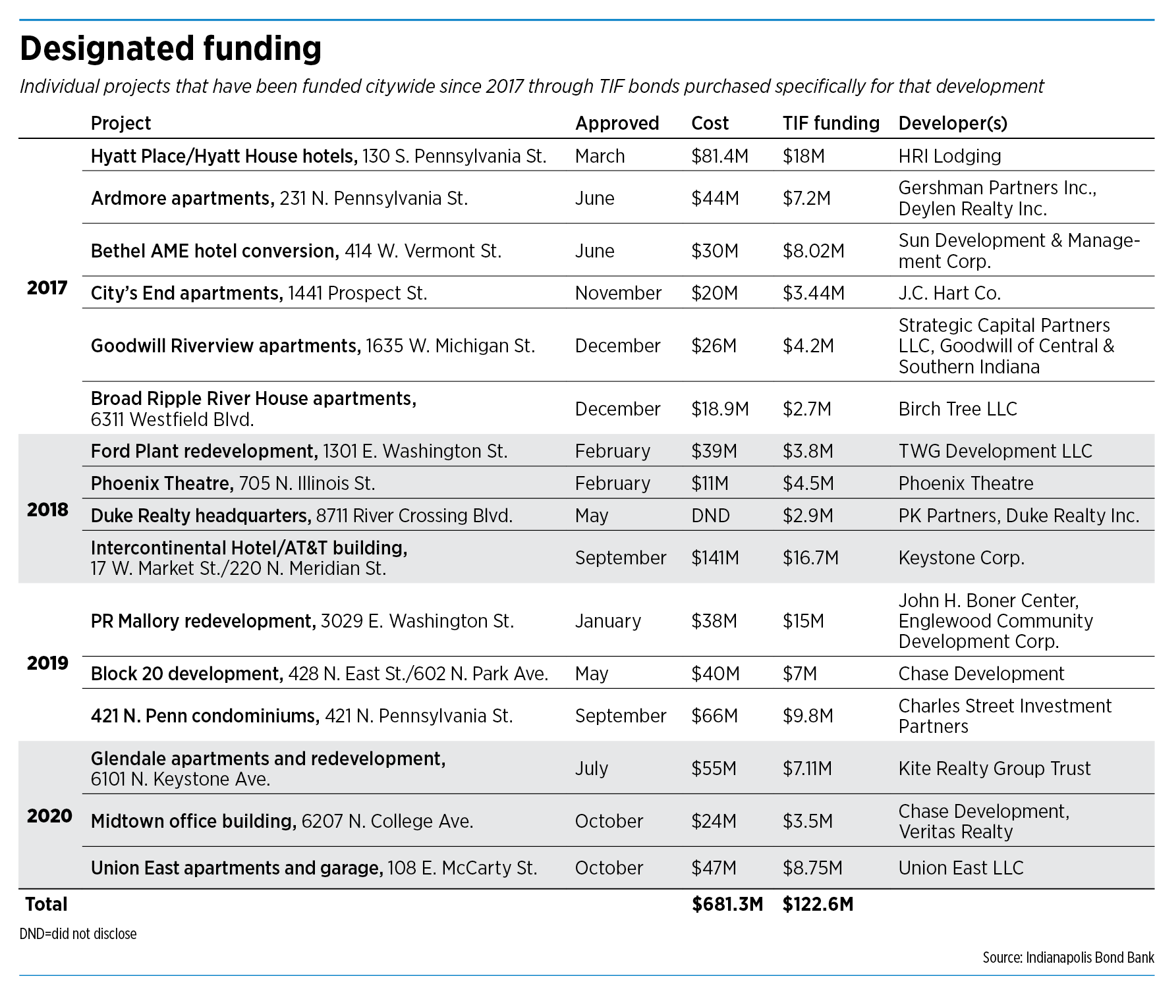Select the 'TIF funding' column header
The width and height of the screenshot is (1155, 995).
(x=831, y=123)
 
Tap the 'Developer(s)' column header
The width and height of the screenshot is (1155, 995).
(x=953, y=124)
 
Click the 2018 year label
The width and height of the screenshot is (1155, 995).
(x=47, y=509)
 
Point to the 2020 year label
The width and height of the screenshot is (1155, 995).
(x=49, y=816)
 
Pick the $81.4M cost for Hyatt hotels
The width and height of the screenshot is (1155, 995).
(x=719, y=156)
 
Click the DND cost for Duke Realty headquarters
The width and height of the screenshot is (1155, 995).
(x=710, y=516)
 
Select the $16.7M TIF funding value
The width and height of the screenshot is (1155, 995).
(x=810, y=558)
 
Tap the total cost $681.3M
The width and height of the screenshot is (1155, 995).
(x=727, y=904)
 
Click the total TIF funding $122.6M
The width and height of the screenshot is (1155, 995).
(x=818, y=904)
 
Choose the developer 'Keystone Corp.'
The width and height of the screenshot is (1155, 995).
(x=961, y=558)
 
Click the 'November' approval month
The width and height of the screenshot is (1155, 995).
(x=618, y=293)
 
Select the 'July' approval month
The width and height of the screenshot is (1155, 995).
(x=591, y=768)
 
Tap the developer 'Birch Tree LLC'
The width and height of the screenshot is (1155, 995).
(x=958, y=409)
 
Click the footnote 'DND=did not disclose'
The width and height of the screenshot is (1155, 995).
(x=78, y=934)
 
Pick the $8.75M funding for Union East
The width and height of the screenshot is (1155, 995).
(x=812, y=868)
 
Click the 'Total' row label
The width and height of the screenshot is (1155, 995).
(x=46, y=904)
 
